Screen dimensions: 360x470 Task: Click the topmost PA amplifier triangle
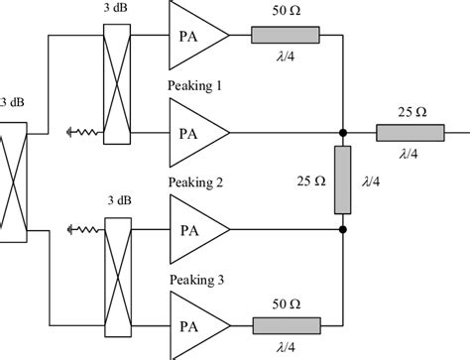(194, 36)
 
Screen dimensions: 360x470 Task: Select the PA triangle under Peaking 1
(194, 131)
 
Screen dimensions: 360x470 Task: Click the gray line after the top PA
(287, 36)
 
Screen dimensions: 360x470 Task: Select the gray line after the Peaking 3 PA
(287, 324)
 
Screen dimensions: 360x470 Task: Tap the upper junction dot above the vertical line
(342, 131)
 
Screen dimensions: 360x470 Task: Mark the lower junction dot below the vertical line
(342, 229)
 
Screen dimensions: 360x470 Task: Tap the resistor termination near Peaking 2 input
(78, 229)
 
